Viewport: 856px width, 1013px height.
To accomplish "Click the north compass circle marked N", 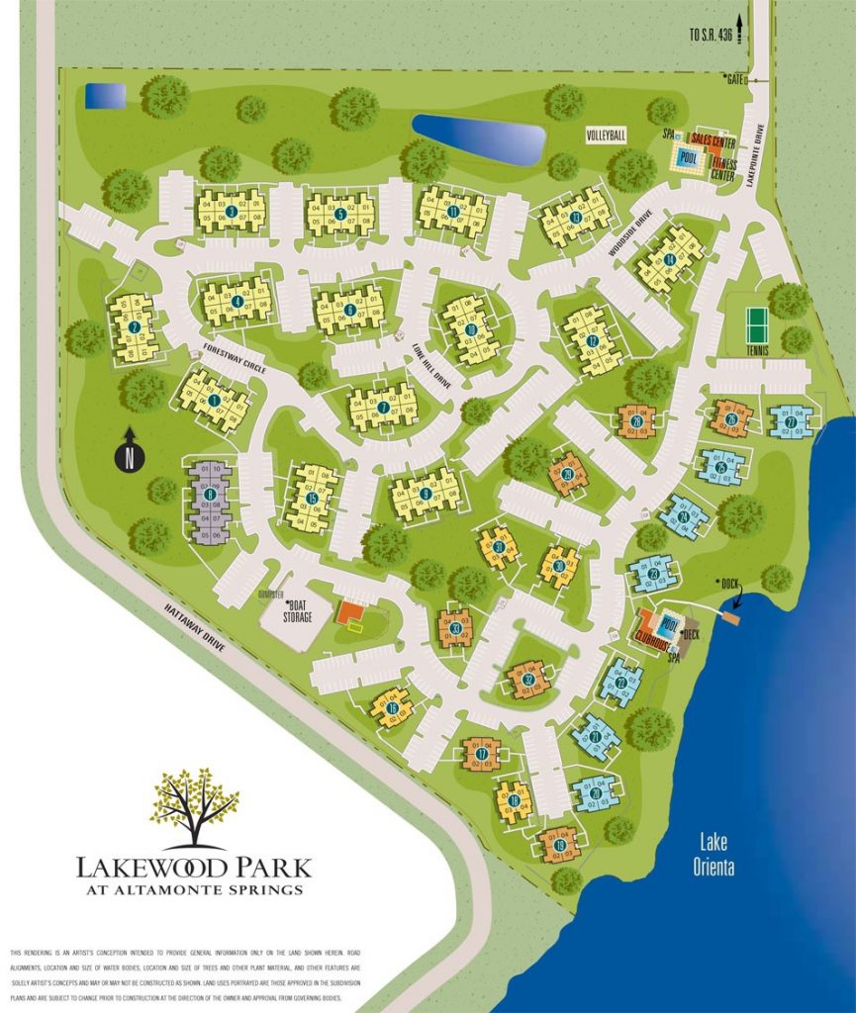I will [x=131, y=457].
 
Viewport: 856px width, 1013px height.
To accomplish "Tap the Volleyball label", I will [x=606, y=136].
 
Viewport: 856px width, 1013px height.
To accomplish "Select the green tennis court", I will [x=756, y=322].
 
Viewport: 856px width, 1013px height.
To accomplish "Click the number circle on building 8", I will [x=210, y=495].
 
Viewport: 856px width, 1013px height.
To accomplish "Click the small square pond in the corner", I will [x=105, y=96].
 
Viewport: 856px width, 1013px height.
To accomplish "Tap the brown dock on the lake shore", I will [x=731, y=617].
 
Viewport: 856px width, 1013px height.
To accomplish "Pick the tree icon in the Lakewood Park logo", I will [x=194, y=806].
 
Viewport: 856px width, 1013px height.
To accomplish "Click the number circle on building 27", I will [x=792, y=420].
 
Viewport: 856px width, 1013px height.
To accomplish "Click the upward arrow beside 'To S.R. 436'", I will [x=737, y=33].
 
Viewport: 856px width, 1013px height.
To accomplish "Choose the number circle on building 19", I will [x=561, y=846].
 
